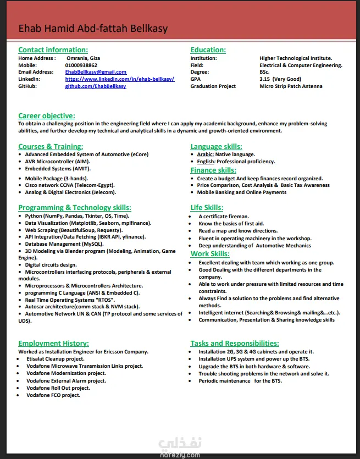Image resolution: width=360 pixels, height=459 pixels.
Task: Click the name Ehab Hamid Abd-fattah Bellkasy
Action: coord(93,29)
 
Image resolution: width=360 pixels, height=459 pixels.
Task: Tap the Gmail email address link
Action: coord(96,72)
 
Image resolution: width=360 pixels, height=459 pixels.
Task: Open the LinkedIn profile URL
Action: coord(119,79)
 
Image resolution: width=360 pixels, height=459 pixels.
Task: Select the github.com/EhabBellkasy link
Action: coord(96,86)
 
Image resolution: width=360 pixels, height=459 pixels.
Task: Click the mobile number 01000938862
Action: coord(82,65)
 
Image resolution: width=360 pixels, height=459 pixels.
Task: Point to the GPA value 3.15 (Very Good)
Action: coord(280,79)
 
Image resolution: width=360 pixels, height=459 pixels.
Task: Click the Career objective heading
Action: coord(47,116)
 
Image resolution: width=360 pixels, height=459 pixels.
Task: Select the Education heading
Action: coord(208,50)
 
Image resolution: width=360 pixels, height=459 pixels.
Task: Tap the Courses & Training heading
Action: coord(51,147)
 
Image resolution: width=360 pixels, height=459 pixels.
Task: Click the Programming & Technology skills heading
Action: coord(75,208)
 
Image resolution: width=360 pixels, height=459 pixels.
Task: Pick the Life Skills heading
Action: coord(207,208)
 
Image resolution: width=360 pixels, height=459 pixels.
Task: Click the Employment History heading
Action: coord(53,344)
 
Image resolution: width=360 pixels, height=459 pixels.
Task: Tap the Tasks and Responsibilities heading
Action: coord(235,344)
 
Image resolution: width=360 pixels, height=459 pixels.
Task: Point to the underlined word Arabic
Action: coord(206,154)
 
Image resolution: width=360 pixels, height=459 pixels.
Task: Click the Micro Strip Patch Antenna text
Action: coord(291,86)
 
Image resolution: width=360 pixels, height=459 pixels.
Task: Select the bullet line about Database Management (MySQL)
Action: coord(64,244)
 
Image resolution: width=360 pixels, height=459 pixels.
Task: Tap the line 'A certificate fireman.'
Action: coord(224,217)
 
